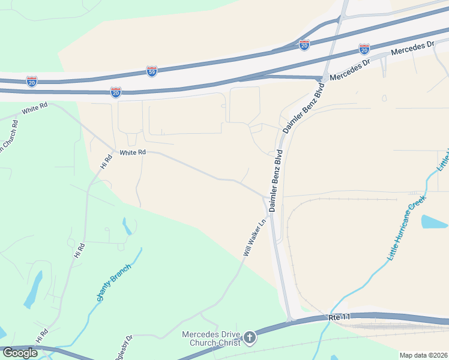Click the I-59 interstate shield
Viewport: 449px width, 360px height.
152,71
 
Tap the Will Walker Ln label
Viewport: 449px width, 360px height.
255,238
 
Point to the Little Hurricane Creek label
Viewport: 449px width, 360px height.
405,228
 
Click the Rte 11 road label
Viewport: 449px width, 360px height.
339,316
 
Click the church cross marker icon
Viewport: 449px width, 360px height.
250,338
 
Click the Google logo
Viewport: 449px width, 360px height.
20,353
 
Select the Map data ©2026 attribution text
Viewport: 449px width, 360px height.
423,355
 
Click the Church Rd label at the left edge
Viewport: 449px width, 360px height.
7,139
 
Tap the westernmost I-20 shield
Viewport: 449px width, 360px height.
32,81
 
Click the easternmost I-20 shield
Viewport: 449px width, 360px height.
364,49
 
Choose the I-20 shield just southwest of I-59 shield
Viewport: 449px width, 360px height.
116,92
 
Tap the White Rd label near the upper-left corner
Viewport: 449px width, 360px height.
34,110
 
